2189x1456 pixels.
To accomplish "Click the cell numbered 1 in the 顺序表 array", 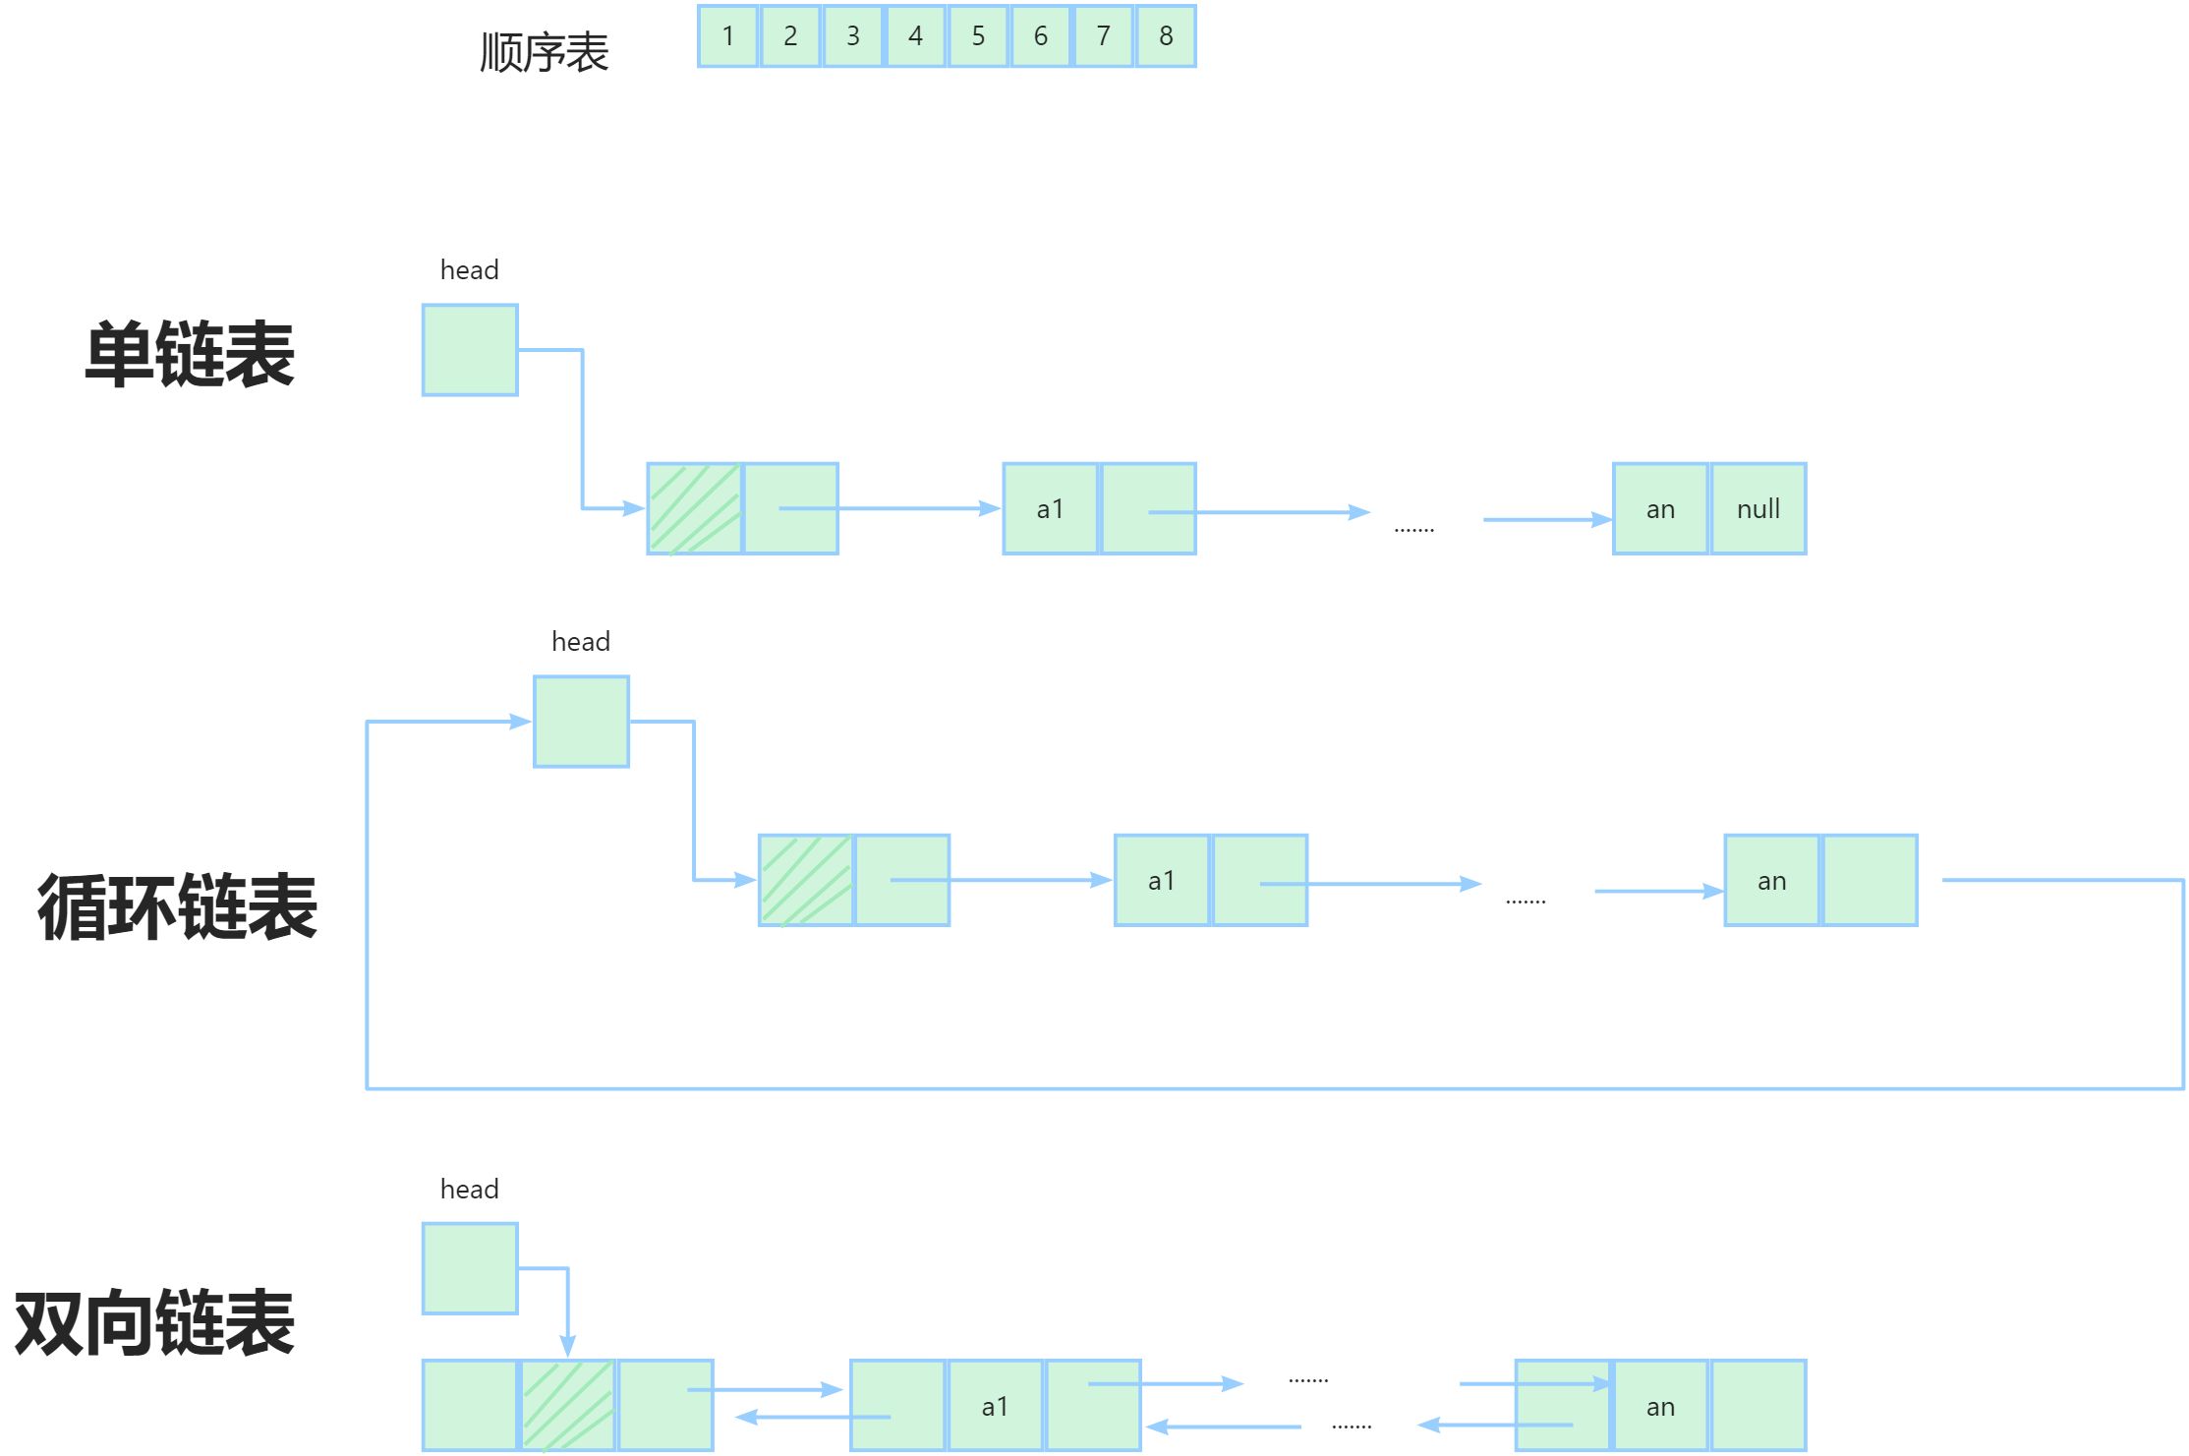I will pos(727,36).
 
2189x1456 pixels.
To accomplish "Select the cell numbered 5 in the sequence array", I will pos(978,36).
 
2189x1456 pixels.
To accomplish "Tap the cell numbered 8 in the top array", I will pos(1166,36).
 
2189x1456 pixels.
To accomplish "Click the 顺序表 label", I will pos(544,52).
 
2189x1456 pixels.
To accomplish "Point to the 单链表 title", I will pos(190,354).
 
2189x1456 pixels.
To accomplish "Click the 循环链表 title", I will pos(177,906).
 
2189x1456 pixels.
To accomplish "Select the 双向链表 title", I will pos(154,1322).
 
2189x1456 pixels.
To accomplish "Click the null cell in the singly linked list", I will pos(1758,509).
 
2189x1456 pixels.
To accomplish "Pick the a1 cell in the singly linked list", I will pos(1050,509).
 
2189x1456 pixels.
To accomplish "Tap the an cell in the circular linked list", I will pos(1771,881).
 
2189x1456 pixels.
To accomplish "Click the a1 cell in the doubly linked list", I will pos(995,1406).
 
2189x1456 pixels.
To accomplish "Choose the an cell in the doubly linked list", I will pos(1661,1406).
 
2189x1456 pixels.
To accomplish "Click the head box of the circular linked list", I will pos(581,722).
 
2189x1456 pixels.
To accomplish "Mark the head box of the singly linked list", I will pos(470,350).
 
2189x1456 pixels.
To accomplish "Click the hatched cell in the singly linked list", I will pos(694,509).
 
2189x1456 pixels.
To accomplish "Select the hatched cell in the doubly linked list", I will pos(567,1406).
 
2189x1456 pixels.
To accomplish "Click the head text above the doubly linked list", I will pos(469,1190).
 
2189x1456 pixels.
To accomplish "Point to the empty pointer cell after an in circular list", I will pos(1870,881).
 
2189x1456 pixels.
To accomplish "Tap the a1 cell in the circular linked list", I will pos(1161,881).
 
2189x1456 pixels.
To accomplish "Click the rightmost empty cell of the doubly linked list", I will pos(1758,1406).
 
